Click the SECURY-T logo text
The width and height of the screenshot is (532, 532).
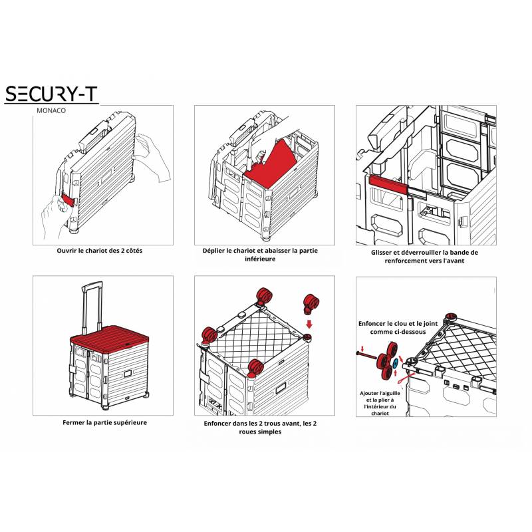tap(51, 94)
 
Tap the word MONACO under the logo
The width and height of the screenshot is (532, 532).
tap(51, 110)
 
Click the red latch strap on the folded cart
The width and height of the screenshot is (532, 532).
tap(68, 200)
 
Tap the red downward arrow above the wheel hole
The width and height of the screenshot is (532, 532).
tap(309, 325)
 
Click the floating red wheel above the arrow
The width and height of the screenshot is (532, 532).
tap(311, 303)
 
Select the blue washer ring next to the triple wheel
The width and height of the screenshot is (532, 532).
tap(396, 364)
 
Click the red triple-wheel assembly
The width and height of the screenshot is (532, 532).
tap(387, 360)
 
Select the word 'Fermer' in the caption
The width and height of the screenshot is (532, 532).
tap(73, 423)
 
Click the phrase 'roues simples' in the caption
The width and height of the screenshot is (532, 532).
tap(260, 432)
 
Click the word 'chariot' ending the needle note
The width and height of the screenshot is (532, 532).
tap(380, 413)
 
